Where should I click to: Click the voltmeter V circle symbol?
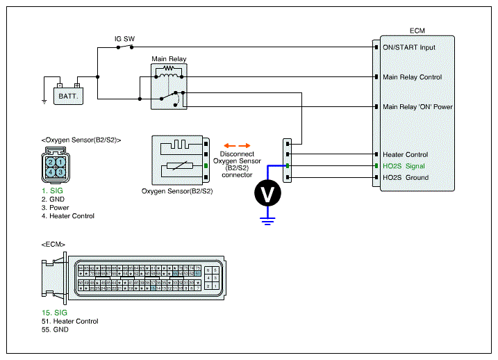265,194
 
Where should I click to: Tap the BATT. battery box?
68,95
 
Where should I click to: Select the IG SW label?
125,39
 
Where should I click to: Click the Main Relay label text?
168,58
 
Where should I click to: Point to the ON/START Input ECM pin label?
409,47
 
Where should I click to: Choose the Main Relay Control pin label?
412,77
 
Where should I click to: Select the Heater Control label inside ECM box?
405,154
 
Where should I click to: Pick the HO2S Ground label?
406,177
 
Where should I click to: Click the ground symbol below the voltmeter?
265,221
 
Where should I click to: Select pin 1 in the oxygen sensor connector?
60,162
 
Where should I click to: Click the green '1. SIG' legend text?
52,189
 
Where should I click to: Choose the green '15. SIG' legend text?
54,313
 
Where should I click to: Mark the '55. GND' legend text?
55,329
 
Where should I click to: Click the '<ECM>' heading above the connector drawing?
53,245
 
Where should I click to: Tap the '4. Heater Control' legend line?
67,216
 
